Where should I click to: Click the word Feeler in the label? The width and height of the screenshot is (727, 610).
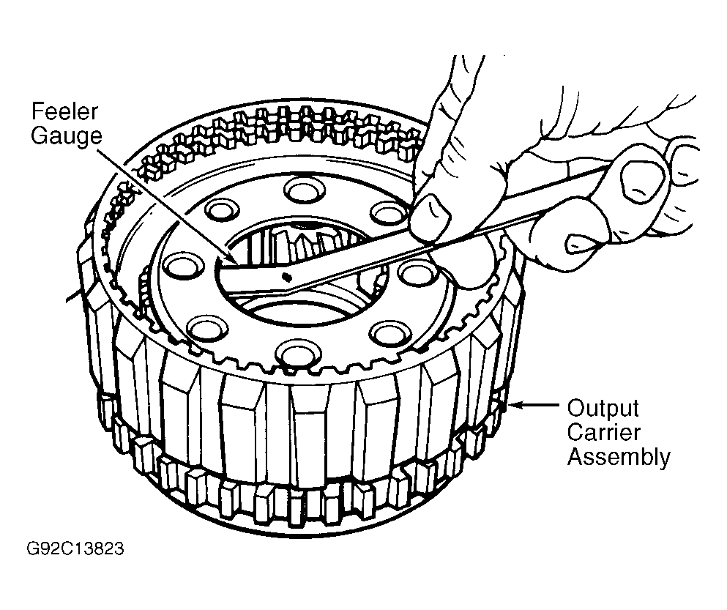coord(64,111)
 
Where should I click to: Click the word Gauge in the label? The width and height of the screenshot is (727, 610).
coord(67,135)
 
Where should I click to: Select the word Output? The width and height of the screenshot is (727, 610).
coord(603,409)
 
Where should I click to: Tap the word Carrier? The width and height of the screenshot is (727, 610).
coord(603,432)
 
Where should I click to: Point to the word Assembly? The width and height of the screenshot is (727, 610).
coord(619,458)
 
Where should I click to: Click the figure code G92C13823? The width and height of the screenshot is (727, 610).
coord(75,548)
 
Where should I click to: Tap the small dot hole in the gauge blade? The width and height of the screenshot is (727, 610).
coord(286,277)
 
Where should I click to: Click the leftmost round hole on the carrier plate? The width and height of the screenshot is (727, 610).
coord(184,268)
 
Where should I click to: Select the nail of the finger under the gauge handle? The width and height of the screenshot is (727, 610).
coord(578,242)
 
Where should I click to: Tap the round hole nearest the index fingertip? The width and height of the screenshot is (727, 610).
coord(389,212)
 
